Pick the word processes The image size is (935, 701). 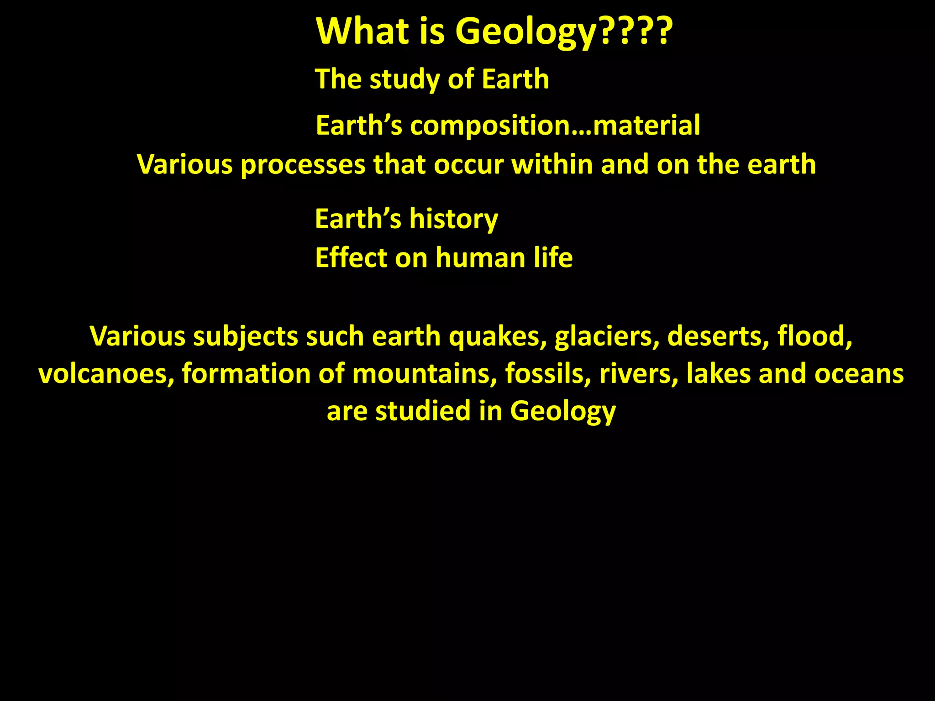click(x=303, y=165)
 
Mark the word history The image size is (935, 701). click(x=454, y=220)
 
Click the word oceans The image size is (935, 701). click(x=859, y=374)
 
